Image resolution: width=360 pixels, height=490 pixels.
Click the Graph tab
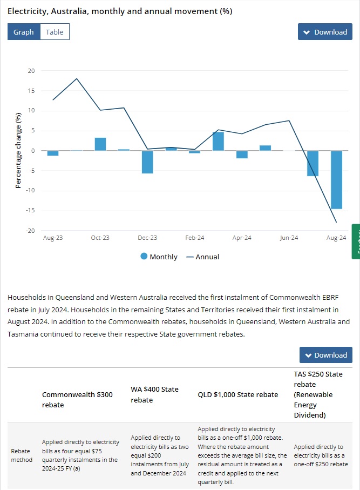24,32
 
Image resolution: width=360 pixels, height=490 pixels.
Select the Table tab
55,32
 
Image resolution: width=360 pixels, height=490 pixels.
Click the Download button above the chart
325,32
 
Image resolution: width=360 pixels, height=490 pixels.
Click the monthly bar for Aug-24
336,179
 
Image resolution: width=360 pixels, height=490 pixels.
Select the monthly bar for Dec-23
147,162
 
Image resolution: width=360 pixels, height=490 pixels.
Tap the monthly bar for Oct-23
100,144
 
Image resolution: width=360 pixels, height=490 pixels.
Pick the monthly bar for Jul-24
313,163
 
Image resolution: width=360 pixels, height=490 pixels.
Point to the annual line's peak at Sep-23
77,79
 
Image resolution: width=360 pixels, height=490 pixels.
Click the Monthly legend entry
159,257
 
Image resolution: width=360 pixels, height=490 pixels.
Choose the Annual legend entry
203,257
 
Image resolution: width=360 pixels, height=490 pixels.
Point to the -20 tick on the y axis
31,231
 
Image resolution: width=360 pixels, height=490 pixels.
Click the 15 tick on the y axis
31,91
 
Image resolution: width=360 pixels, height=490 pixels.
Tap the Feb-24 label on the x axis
195,238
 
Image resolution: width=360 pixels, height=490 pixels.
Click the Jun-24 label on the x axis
289,238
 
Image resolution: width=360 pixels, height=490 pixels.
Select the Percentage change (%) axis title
18,150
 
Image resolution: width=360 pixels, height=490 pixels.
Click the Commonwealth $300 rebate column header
77,400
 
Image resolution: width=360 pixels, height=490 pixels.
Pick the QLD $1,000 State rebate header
238,394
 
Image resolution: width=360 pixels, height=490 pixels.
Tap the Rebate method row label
22,455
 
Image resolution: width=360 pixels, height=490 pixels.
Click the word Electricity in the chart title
26,11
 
